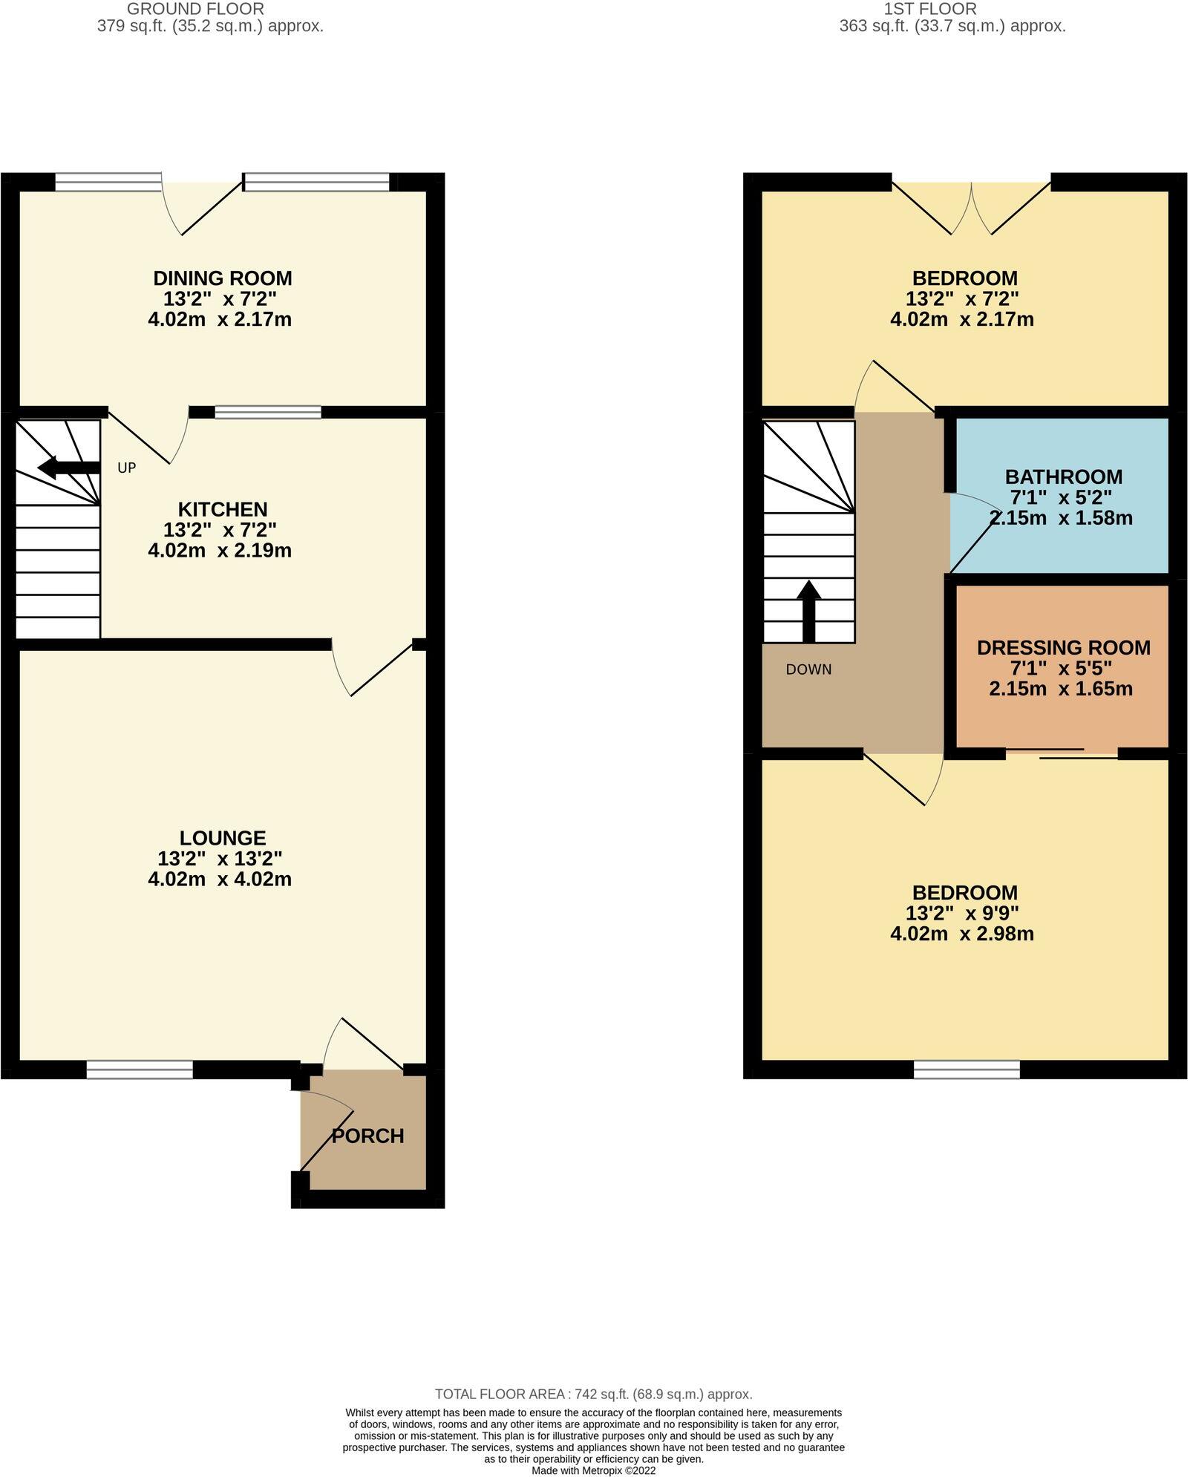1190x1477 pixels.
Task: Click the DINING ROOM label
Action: click(223, 278)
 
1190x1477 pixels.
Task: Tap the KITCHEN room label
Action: click(223, 509)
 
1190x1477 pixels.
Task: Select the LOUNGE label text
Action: click(223, 838)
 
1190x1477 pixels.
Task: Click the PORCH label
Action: click(367, 1136)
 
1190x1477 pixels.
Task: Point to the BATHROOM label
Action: click(1064, 476)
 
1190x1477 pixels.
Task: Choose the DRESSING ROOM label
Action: click(1064, 647)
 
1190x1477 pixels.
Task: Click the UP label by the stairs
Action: click(127, 468)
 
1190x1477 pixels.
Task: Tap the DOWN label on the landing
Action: click(809, 669)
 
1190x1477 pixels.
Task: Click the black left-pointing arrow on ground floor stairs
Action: click(68, 468)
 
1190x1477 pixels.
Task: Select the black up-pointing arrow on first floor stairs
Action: click(808, 612)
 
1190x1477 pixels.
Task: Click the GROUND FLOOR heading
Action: click(196, 9)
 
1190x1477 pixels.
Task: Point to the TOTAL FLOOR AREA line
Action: click(594, 1394)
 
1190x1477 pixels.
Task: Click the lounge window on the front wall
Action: click(140, 1070)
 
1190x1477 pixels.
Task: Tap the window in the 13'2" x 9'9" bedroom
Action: click(967, 1070)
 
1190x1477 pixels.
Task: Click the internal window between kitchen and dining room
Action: click(268, 412)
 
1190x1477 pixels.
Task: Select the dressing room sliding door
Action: click(1062, 753)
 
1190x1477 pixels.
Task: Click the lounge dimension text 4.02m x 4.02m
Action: click(220, 880)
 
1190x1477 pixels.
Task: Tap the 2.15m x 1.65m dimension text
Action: click(1061, 689)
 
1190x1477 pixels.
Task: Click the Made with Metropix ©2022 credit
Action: click(594, 1470)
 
